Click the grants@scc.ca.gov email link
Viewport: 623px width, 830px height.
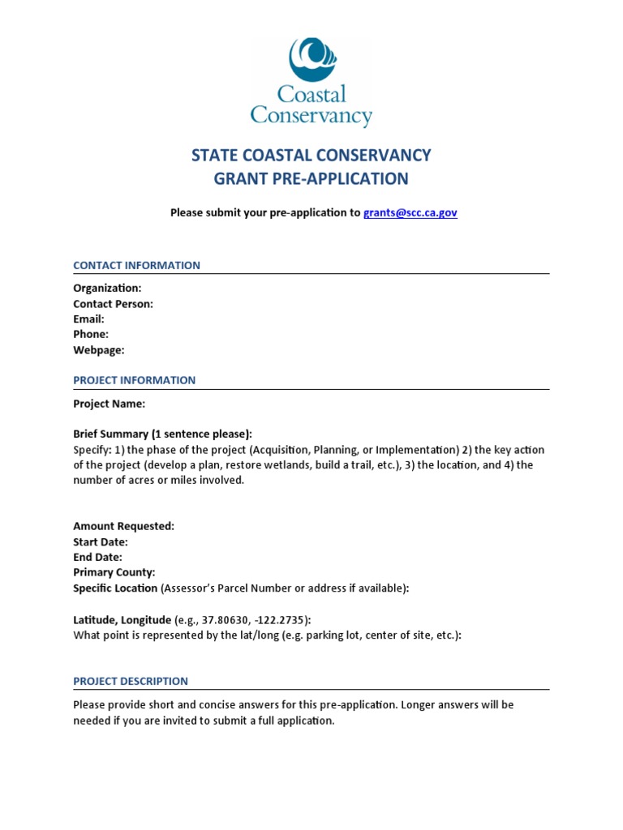pos(410,212)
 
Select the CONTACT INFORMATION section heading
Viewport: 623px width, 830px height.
pos(136,265)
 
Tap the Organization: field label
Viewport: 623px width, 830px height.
pos(107,288)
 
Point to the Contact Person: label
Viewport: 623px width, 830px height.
pos(113,304)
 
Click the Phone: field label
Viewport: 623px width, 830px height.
pos(91,334)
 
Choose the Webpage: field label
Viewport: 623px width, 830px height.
pos(99,350)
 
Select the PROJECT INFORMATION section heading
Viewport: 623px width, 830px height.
pos(134,380)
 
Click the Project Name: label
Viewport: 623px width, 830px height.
pos(110,404)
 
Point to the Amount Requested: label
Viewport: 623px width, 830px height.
pos(123,526)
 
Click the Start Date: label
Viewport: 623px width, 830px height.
pos(101,541)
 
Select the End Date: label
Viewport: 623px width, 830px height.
pos(97,557)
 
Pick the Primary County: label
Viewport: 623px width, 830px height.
pos(114,572)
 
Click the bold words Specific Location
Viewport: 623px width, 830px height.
pos(115,588)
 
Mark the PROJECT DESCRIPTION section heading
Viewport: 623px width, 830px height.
pos(131,681)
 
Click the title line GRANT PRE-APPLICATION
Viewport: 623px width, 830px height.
pos(311,178)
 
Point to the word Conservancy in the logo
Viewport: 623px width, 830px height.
pos(311,115)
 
